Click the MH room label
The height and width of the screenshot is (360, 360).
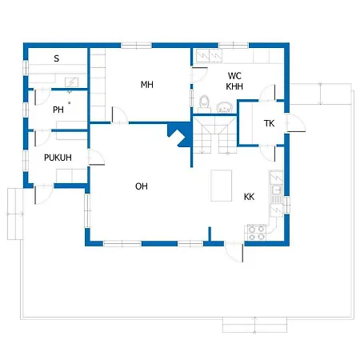click(x=147, y=85)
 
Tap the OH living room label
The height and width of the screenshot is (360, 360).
click(x=142, y=186)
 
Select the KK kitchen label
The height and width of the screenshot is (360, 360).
click(x=249, y=197)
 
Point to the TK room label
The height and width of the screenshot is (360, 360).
click(x=269, y=123)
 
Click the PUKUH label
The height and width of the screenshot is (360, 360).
click(x=58, y=158)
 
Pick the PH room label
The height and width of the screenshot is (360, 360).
click(x=58, y=110)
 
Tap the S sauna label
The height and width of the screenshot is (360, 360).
click(x=56, y=58)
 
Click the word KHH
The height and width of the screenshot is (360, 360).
click(x=234, y=86)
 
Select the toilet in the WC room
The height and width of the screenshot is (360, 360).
click(x=205, y=102)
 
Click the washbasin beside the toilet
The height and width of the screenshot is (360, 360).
click(x=225, y=107)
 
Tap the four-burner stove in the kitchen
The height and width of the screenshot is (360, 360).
click(x=257, y=232)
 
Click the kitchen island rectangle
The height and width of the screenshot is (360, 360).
click(x=221, y=186)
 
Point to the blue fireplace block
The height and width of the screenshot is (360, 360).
click(x=179, y=134)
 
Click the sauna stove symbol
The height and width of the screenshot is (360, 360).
click(x=72, y=82)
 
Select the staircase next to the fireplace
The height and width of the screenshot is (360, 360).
click(x=214, y=135)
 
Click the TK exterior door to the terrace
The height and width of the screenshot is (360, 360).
click(x=295, y=123)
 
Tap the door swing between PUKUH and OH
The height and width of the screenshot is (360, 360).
click(x=96, y=158)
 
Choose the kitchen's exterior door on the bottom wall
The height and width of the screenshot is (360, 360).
click(x=234, y=251)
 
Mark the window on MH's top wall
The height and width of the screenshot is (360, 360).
click(x=137, y=46)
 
